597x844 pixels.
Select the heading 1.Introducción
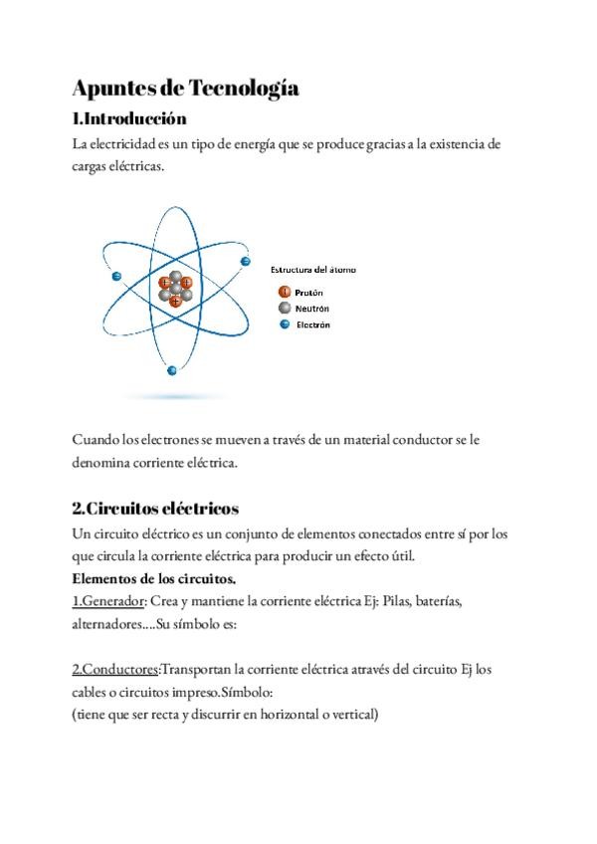129,119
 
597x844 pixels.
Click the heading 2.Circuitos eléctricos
155,508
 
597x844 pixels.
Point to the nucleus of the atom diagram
175,290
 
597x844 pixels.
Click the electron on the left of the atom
117,276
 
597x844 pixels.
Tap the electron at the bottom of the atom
172,370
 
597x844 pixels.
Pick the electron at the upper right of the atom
245,261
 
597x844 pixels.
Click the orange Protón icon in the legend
284,293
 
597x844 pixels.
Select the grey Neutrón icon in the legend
284,309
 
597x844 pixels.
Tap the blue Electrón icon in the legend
284,324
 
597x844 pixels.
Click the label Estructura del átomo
313,270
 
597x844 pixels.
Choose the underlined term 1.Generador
108,601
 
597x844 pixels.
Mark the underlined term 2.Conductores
114,669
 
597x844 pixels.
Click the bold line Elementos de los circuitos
153,578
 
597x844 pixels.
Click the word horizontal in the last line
277,714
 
